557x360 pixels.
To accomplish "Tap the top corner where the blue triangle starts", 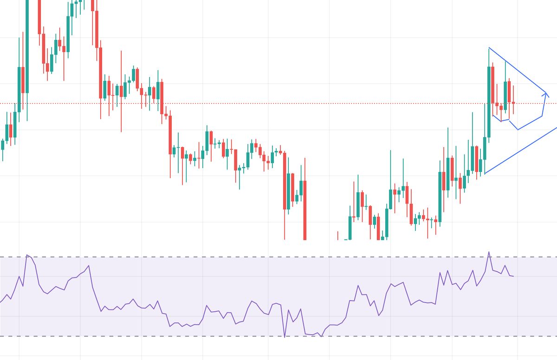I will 489,48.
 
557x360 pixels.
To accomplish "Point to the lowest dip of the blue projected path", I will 518,129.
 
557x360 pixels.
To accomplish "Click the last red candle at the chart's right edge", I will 513,103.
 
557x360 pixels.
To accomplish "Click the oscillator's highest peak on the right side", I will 489,252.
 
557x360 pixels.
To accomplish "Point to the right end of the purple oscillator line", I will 513,276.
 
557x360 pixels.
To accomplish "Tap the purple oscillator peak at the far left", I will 27,255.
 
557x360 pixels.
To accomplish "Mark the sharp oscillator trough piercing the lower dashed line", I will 285,337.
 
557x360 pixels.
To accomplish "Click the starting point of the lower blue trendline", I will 484,174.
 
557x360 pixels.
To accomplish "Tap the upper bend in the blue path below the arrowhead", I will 542,117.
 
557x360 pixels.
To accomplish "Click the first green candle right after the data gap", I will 350,228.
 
